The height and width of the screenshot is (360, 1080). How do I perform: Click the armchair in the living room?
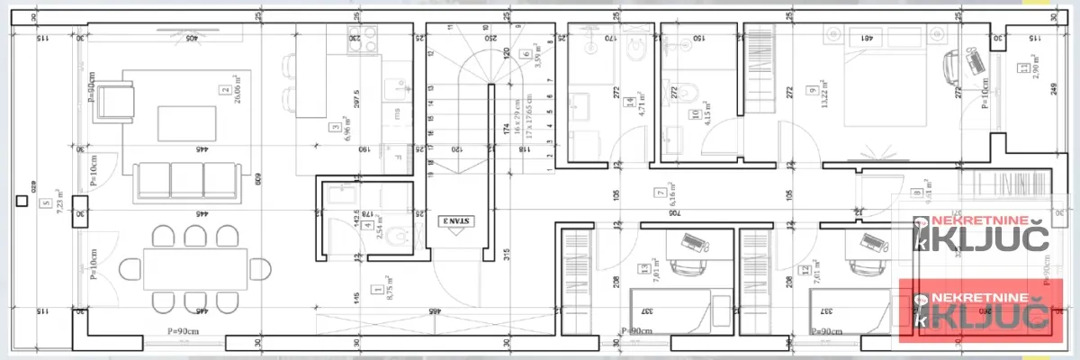(x=115, y=98)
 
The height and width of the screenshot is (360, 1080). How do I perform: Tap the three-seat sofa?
(x=186, y=180)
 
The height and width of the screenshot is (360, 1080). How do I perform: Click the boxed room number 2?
(x=224, y=90)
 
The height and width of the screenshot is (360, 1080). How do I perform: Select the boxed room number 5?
(x=46, y=203)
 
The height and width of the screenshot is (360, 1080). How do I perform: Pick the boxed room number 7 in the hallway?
(x=661, y=192)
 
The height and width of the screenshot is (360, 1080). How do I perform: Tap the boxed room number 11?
(x=1024, y=67)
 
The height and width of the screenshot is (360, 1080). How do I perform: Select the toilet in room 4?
(x=401, y=237)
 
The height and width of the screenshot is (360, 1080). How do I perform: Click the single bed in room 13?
(x=669, y=310)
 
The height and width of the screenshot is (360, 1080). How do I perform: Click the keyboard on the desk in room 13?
(x=693, y=242)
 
